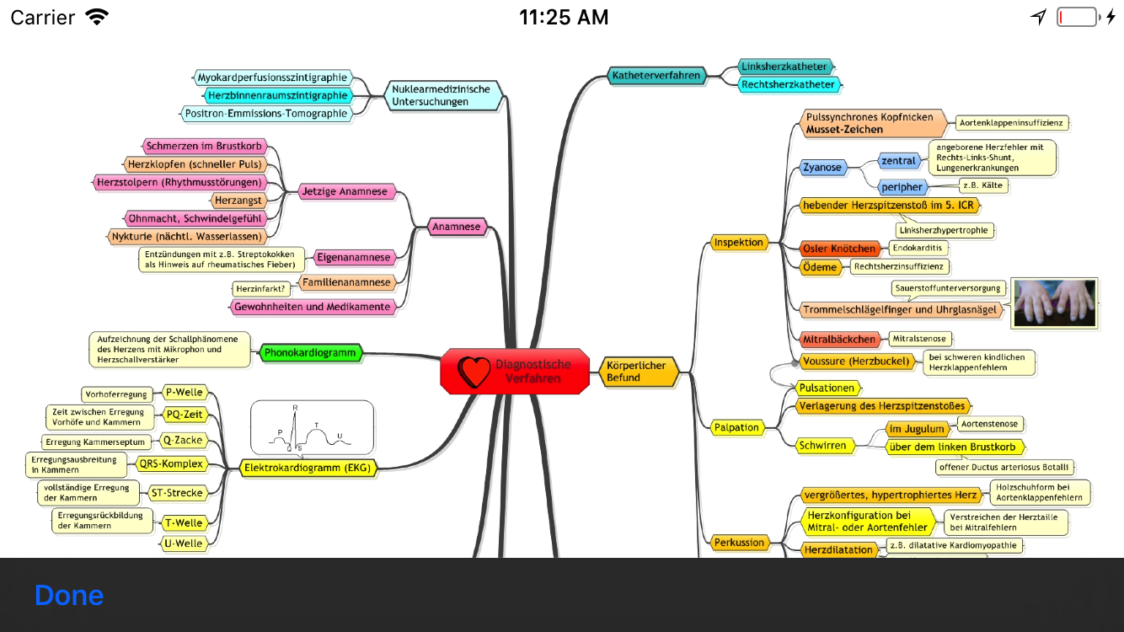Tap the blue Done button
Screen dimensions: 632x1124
(x=69, y=595)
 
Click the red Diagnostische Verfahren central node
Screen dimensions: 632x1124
(x=515, y=371)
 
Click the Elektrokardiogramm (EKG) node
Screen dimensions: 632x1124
(x=307, y=467)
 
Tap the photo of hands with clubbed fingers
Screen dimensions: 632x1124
(x=1054, y=303)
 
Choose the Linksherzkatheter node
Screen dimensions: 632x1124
(x=784, y=66)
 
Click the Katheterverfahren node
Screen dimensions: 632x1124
(x=656, y=75)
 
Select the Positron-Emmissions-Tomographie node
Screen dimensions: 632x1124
(x=265, y=113)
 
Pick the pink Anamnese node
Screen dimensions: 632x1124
(x=456, y=226)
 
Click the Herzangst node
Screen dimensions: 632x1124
(x=239, y=200)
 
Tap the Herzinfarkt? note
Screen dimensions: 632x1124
(x=261, y=289)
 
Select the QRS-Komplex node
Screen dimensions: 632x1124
(x=171, y=463)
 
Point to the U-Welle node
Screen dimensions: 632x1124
(x=184, y=543)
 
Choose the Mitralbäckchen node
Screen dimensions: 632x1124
(x=838, y=339)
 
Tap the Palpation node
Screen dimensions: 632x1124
(x=737, y=427)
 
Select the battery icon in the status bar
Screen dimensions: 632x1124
(x=1078, y=17)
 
